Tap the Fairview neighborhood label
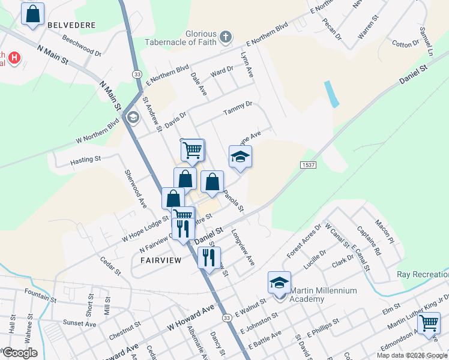[x=161, y=260]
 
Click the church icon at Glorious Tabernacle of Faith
[x=226, y=37]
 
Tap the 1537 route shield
[x=307, y=164]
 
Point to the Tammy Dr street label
[x=237, y=108]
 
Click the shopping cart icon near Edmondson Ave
[x=429, y=323]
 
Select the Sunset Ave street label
[x=79, y=324]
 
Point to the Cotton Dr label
[x=406, y=44]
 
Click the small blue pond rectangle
[x=330, y=94]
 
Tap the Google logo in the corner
[x=20, y=352]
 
